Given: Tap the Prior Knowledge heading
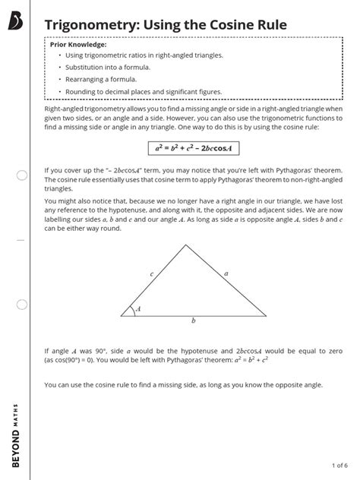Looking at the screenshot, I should (77, 45).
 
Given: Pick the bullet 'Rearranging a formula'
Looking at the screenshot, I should (101, 79).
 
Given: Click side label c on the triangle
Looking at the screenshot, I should (152, 273).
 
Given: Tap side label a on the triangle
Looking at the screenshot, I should (226, 273).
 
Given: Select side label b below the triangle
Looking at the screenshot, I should (194, 321).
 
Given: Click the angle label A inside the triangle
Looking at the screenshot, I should (137, 308).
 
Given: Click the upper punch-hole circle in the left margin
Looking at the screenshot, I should (21, 175).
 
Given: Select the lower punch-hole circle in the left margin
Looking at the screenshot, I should (21, 305).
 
